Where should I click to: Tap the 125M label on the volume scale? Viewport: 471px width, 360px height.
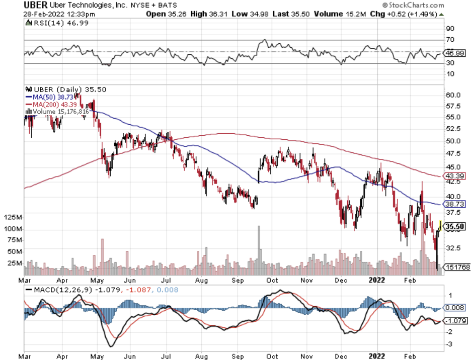pyautogui.click(x=12, y=217)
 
